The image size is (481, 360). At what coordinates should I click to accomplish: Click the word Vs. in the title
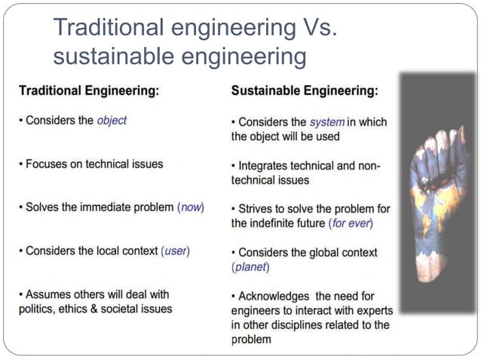pos(312,28)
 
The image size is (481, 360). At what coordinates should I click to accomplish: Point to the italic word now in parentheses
pos(191,207)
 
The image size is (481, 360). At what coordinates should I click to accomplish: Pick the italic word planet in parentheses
pos(251,267)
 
